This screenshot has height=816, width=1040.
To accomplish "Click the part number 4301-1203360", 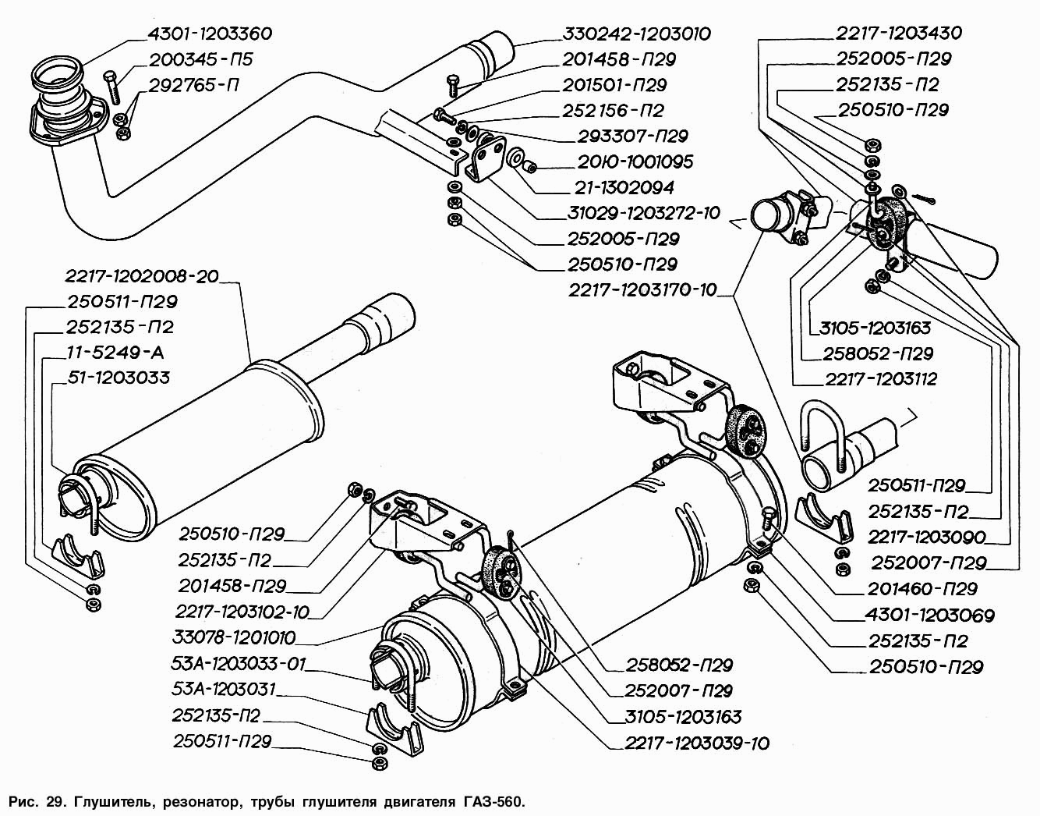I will click(209, 34).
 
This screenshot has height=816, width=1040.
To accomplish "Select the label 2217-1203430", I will click(898, 33).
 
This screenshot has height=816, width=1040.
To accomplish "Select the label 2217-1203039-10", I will click(696, 742).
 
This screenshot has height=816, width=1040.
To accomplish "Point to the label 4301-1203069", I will click(931, 616).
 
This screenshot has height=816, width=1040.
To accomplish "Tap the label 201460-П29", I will click(924, 590).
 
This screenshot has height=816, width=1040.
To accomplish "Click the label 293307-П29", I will click(633, 136).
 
